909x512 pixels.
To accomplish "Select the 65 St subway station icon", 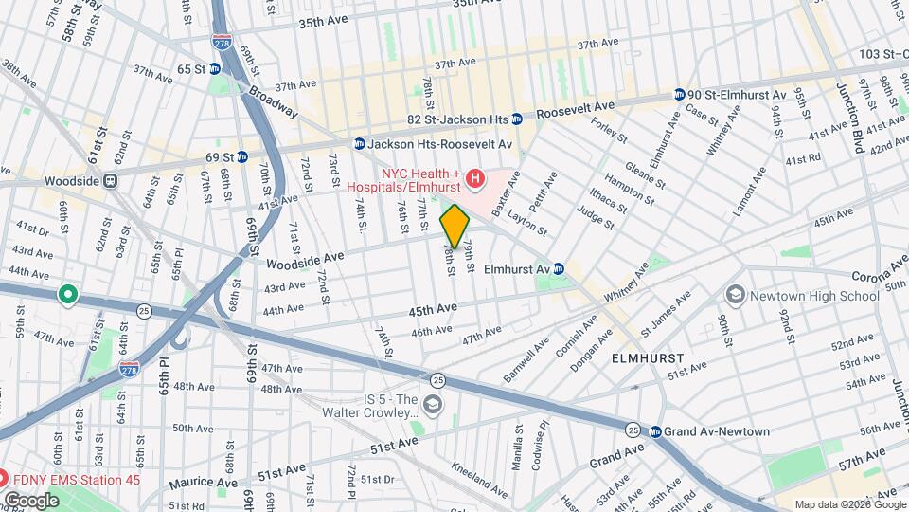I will [215, 68].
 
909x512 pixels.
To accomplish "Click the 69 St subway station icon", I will [242, 156].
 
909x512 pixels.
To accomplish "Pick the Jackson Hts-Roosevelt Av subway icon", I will [359, 143].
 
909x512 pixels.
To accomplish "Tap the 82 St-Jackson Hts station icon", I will [517, 119].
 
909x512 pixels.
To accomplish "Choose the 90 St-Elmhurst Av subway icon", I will [680, 95].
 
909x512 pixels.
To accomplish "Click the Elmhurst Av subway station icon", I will [559, 268].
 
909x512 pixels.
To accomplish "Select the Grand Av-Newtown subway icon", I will [655, 431].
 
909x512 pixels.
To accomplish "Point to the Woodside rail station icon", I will [111, 180].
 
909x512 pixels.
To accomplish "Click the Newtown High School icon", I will [735, 296].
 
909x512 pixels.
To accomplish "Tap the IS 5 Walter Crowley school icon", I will [433, 406].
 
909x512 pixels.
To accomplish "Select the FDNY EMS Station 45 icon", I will [6, 480].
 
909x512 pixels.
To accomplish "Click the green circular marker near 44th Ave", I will [67, 295].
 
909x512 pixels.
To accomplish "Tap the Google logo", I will [31, 500].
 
